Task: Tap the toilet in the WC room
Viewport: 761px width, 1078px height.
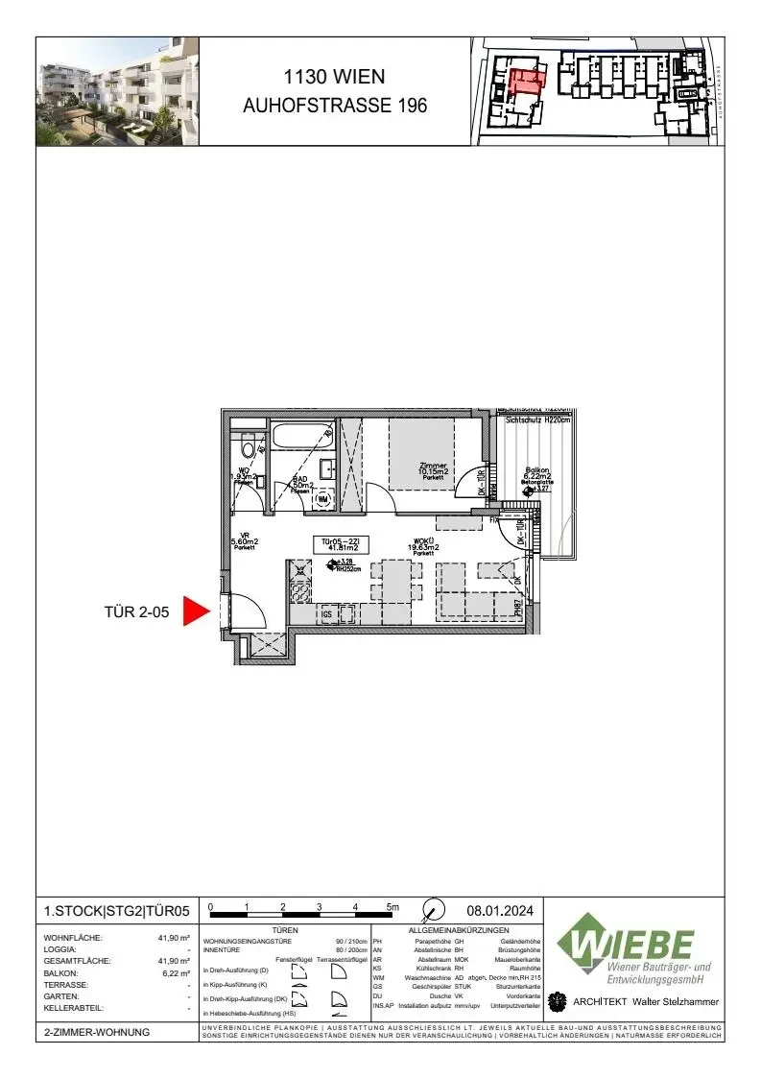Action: [x=249, y=447]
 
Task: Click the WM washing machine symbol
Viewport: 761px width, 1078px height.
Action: [x=323, y=499]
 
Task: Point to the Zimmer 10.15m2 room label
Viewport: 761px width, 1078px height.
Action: [x=433, y=470]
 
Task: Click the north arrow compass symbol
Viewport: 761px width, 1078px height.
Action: [x=434, y=909]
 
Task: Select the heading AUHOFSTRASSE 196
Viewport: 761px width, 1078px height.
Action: [x=335, y=106]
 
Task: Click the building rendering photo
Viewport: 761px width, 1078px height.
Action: [x=117, y=90]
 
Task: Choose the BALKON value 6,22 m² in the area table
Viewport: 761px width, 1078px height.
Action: [x=177, y=972]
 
